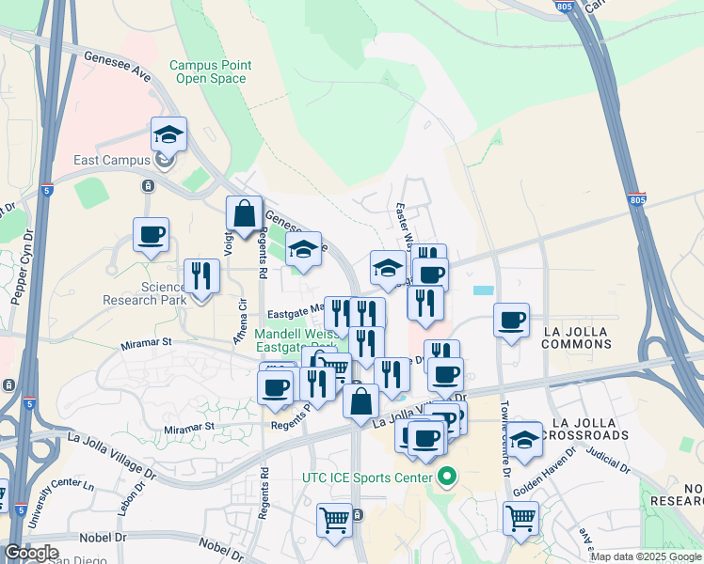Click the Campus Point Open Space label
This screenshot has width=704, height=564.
pos(210,71)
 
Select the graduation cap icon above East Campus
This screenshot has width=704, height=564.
pos(168,134)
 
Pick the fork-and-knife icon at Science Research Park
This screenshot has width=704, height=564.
pos(201,275)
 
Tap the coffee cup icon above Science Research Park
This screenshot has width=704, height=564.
pos(151,235)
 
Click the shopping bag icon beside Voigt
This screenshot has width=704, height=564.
pos(245,213)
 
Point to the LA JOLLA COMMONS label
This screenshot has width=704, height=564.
pos(577,337)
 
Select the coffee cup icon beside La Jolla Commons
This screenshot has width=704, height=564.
pos(511,321)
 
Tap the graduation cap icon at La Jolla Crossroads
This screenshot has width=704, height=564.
pos(524,438)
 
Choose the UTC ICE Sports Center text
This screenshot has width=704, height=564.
pos(367,478)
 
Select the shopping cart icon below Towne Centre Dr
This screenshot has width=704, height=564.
pos(520,516)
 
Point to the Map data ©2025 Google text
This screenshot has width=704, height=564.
pos(646,556)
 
